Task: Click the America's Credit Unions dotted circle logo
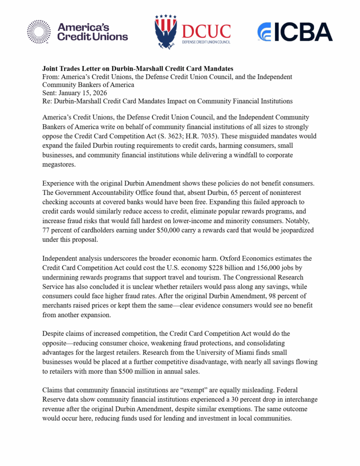39,32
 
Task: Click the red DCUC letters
206,31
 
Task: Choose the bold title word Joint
51,68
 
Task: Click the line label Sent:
50,92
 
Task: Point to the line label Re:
47,101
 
